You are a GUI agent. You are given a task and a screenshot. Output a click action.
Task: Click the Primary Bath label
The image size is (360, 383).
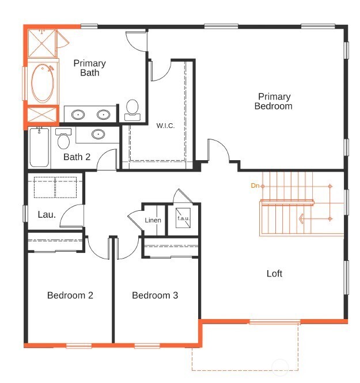[89, 68]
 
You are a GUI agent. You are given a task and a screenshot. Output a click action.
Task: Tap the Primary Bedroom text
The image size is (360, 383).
[274, 101]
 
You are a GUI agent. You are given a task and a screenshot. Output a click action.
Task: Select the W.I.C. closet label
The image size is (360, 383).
[165, 126]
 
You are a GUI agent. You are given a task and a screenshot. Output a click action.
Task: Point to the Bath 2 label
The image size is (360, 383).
[77, 157]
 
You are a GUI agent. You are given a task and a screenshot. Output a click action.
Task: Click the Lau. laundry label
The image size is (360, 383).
[47, 214]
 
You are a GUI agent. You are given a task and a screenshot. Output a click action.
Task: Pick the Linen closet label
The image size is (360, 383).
[153, 221]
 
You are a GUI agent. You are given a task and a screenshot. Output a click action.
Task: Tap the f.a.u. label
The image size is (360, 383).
[183, 219]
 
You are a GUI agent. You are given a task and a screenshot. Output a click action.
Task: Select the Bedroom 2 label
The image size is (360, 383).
[70, 295]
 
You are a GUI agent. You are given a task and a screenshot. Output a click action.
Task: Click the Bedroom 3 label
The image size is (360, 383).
[155, 295]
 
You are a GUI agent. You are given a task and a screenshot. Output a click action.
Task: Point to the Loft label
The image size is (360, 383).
[274, 274]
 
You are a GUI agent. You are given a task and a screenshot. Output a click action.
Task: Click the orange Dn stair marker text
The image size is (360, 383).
[255, 185]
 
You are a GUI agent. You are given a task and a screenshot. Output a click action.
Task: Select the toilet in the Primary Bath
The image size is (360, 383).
[132, 109]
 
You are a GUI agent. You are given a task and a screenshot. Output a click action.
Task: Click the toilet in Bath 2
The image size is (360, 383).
[63, 139]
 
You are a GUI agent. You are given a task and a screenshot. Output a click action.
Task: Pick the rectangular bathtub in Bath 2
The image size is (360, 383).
[40, 148]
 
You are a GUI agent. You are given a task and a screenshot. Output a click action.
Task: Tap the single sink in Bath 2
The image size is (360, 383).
[98, 135]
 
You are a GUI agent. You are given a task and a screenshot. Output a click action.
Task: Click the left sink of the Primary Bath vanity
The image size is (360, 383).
[78, 114]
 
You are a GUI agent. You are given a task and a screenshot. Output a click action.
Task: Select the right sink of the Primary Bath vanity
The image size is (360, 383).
[104, 114]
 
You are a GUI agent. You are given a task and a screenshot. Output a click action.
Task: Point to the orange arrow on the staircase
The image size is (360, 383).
[301, 218]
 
